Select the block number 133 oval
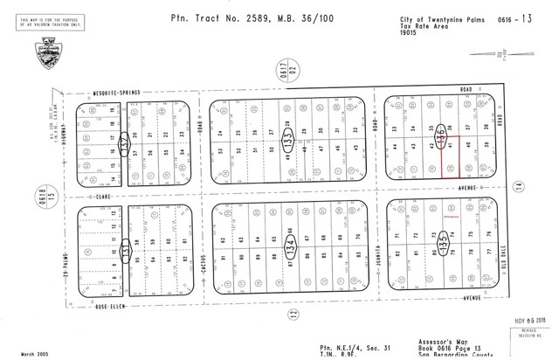coord(289,138)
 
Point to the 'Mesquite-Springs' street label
coord(117,92)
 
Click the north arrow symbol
coord(503,58)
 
